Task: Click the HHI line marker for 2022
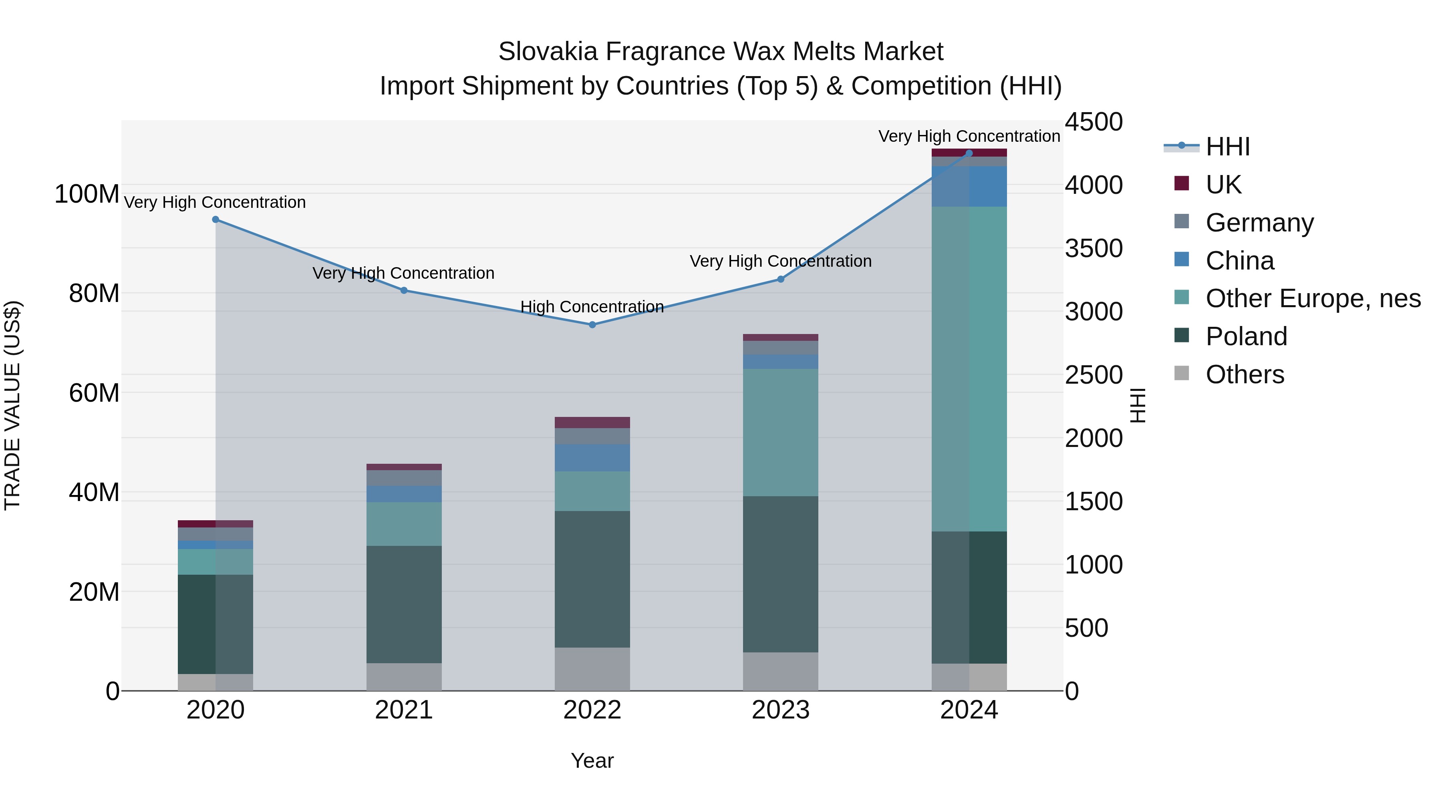[x=592, y=325]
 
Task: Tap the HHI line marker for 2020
[x=215, y=219]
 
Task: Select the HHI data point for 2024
[x=969, y=153]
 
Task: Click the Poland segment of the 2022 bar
[x=592, y=579]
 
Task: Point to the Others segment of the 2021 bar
[x=404, y=677]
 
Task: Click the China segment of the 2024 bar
[x=969, y=186]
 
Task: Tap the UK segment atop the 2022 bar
[x=592, y=423]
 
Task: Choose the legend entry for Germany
[x=1259, y=223]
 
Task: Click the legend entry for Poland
[x=1246, y=336]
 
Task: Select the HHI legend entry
[x=1228, y=147]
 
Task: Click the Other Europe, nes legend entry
[x=1313, y=298]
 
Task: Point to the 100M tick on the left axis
[x=87, y=194]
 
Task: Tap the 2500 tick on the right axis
[x=1093, y=375]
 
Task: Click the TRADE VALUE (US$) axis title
[x=12, y=405]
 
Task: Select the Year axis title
[x=592, y=761]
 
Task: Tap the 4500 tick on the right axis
[x=1093, y=122]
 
